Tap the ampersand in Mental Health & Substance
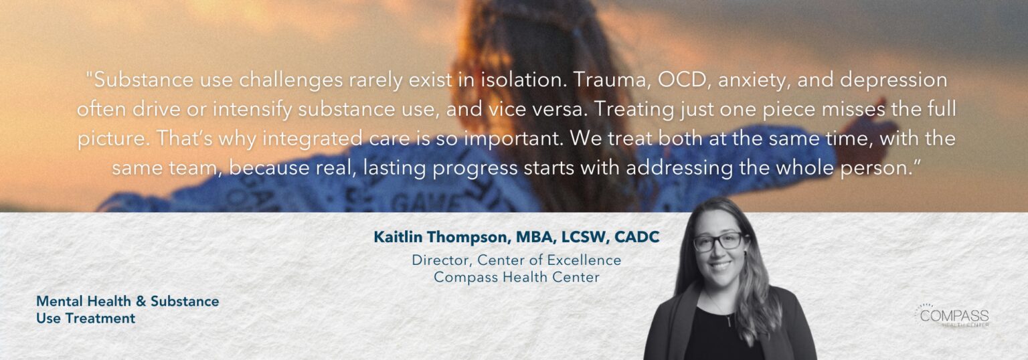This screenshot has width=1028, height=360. (x=141, y=301)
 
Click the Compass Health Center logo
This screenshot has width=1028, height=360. (x=951, y=316)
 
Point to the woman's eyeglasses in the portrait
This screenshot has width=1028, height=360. (x=718, y=242)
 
